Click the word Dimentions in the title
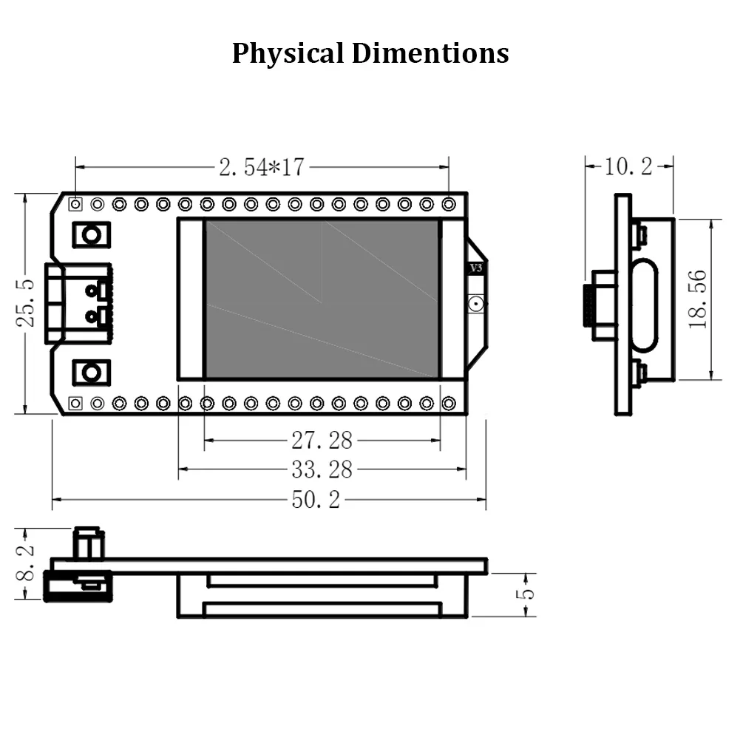click(x=429, y=54)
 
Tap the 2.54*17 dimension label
click(x=261, y=167)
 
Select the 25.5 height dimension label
click(x=26, y=304)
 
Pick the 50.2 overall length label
click(x=316, y=500)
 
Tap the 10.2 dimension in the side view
click(x=628, y=167)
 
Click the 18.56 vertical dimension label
click(x=699, y=299)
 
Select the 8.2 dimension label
click(x=26, y=563)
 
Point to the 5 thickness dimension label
click(x=526, y=594)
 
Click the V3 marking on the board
click(x=476, y=269)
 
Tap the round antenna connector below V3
click(x=475, y=303)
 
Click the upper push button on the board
click(x=91, y=234)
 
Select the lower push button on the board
click(x=91, y=372)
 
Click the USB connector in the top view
click(x=78, y=303)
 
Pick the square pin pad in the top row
click(x=75, y=203)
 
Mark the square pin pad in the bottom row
click(x=75, y=403)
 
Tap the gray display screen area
click(x=322, y=299)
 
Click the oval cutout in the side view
click(x=645, y=304)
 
